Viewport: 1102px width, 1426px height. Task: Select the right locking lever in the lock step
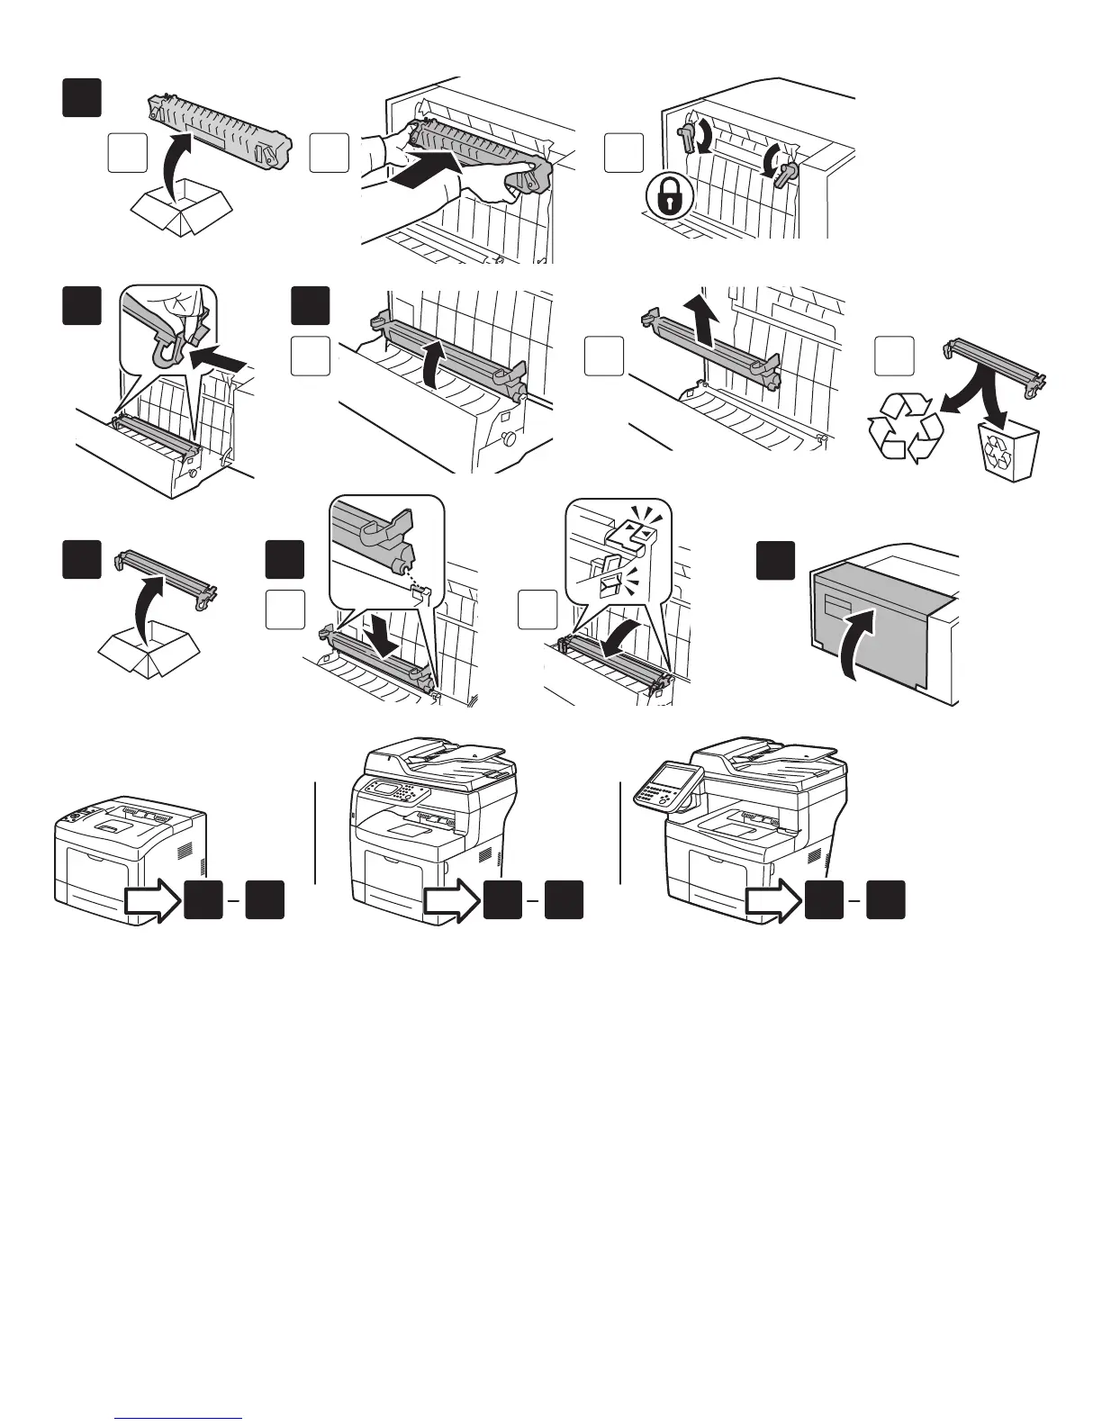pyautogui.click(x=786, y=170)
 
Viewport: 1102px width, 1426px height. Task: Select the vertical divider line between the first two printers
pyautogui.click(x=316, y=833)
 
